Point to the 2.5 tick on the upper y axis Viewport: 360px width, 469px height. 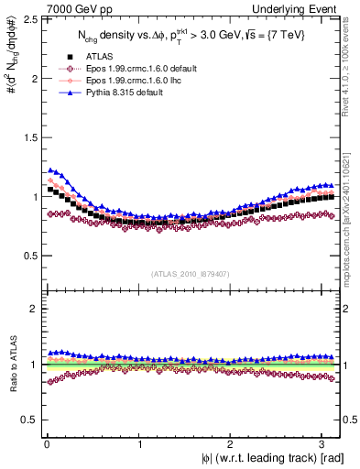point(29,19)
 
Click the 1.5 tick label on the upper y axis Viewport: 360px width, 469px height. point(29,137)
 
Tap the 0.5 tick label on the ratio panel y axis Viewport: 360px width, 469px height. point(29,420)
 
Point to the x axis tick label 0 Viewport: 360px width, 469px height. point(46,442)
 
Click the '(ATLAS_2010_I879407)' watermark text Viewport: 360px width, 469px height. point(191,272)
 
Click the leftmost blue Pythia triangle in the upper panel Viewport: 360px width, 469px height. point(51,169)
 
